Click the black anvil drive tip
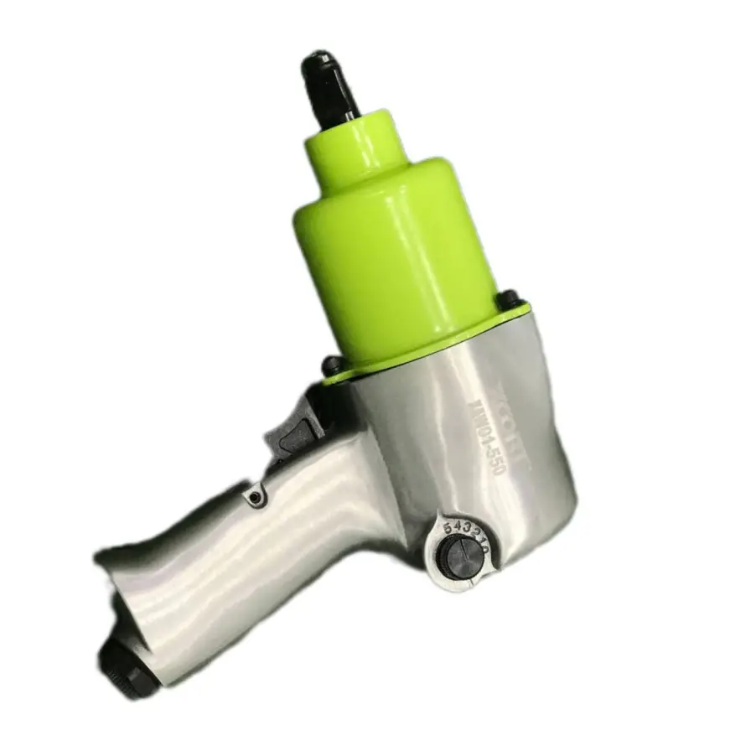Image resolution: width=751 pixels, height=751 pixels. pos(326,84)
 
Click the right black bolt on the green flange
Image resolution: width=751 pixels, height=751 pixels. pos(508,298)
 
